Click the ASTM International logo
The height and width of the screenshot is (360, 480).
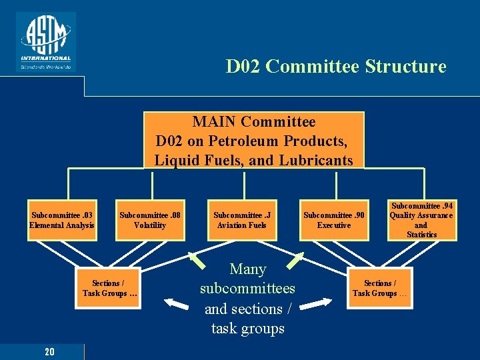point(46,41)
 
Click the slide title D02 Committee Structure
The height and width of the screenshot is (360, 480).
point(336,67)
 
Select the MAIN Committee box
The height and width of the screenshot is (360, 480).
point(254,141)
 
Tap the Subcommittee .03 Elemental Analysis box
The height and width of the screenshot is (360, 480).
point(62,220)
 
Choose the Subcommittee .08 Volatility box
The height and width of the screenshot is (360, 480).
point(150,220)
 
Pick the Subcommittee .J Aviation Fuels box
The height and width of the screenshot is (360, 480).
point(240,220)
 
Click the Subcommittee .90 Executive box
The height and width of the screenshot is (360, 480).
point(333,220)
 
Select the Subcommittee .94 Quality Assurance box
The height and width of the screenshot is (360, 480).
point(421,220)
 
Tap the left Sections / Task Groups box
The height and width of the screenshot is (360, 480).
point(110,288)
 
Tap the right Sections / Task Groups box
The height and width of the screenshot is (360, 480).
point(380,288)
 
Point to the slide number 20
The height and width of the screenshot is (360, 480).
point(49,351)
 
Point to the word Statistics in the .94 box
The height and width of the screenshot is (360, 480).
point(421,235)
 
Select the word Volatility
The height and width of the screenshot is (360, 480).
point(150,225)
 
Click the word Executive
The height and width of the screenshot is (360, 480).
point(333,225)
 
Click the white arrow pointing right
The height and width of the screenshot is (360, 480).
point(317,304)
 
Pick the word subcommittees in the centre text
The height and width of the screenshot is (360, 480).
point(247,289)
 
